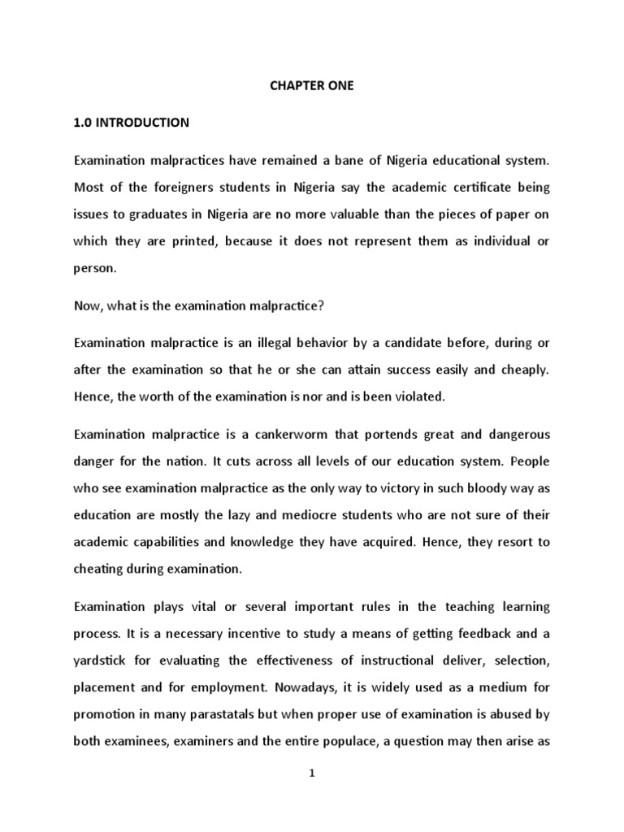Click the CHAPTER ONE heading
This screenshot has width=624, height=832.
[x=312, y=85]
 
